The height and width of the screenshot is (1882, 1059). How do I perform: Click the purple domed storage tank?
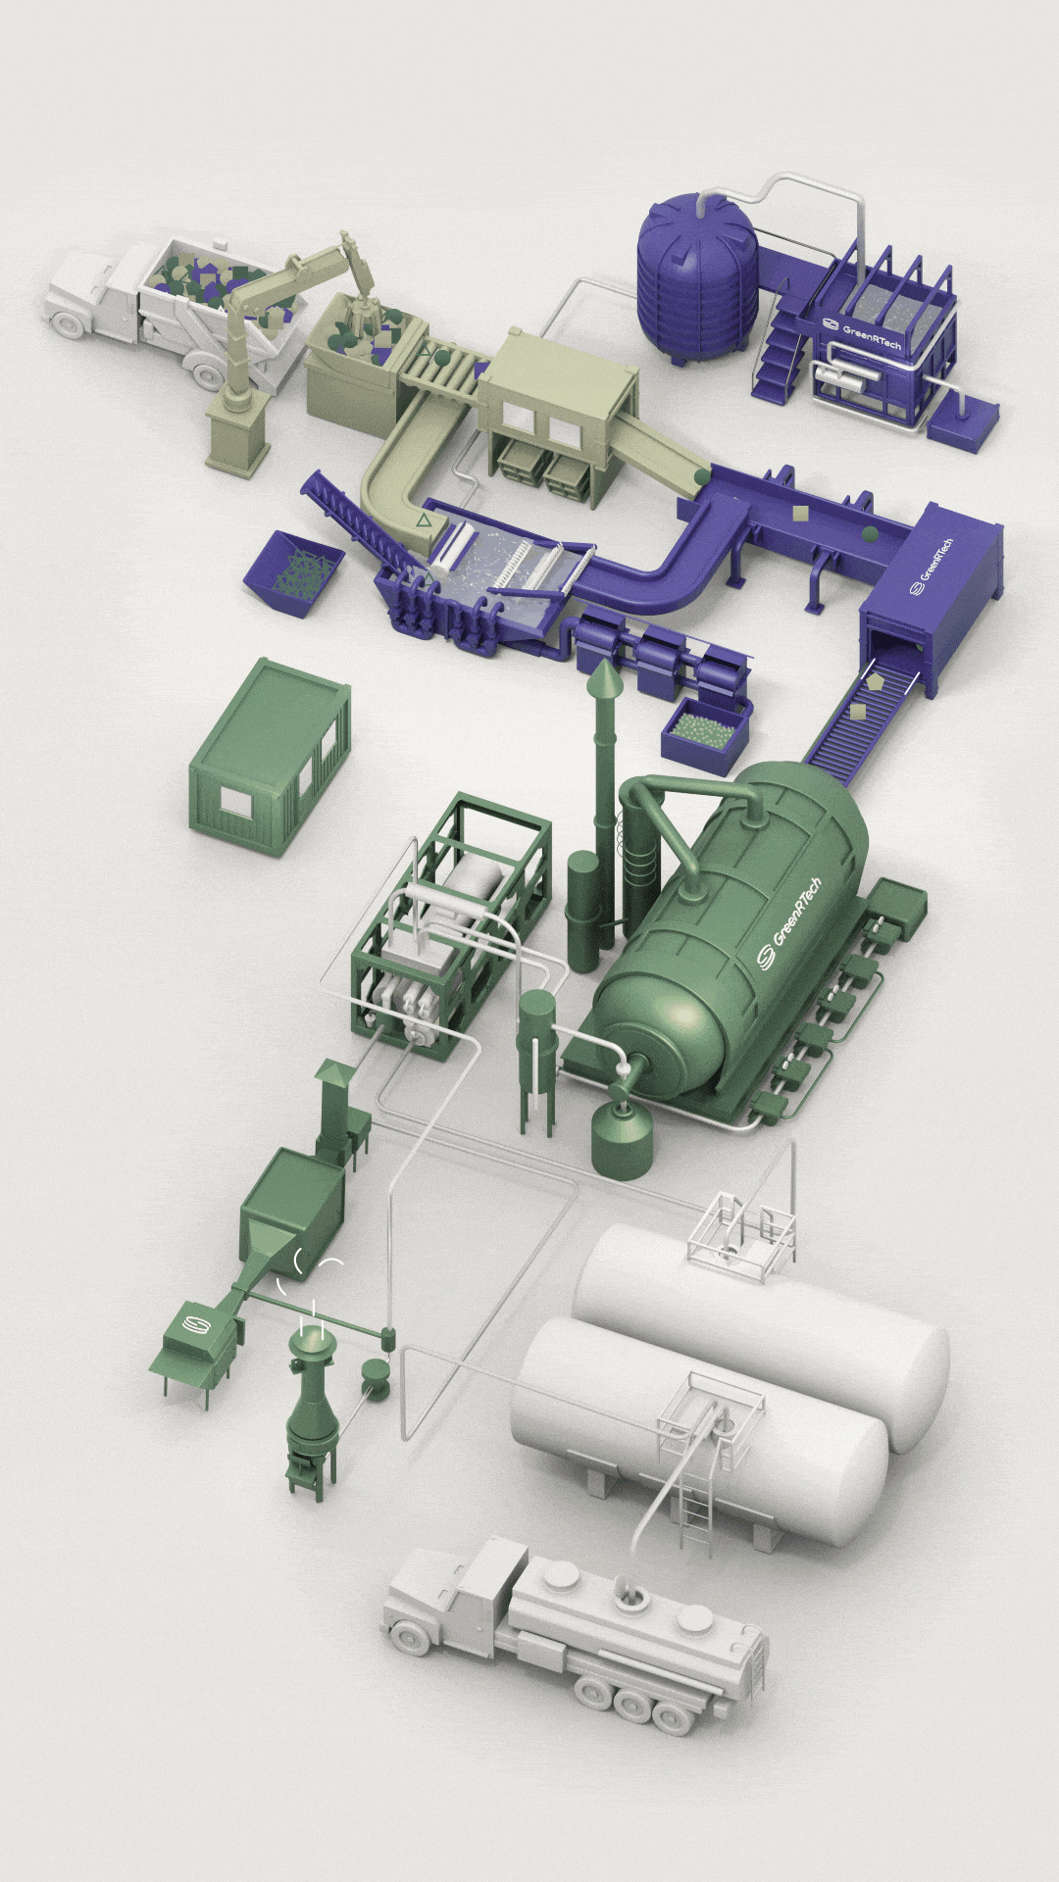[697, 276]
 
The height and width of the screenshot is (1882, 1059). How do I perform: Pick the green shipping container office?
[270, 757]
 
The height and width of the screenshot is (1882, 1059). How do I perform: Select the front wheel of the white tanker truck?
[413, 1634]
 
